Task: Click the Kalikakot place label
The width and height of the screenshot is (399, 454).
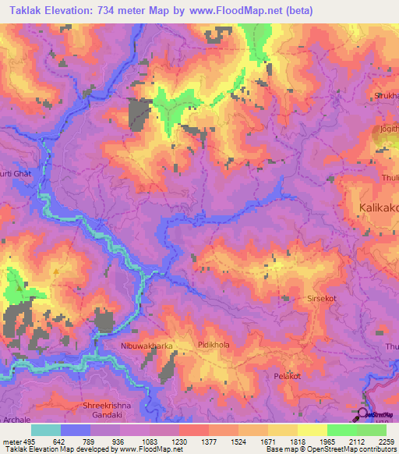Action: [x=378, y=207]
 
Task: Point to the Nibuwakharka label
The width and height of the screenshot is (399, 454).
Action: [x=147, y=344]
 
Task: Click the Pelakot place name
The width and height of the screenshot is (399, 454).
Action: [x=287, y=376]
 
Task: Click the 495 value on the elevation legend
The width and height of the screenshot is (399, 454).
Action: [x=27, y=441]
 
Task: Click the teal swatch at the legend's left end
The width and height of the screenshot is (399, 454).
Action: [x=46, y=429]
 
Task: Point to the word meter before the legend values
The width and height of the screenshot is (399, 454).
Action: [x=9, y=441]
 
